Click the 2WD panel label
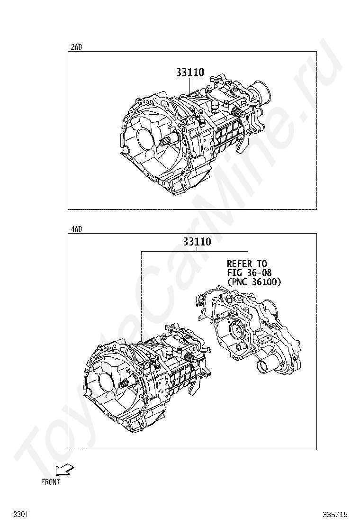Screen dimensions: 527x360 [x=76, y=47]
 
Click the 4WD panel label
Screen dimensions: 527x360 [x=76, y=229]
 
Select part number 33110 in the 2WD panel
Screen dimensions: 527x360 [x=190, y=73]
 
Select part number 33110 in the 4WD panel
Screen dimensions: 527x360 [x=197, y=242]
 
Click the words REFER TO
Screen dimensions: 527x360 [x=246, y=263]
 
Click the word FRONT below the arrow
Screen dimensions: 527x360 [x=51, y=482]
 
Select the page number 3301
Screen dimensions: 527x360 [x=21, y=514]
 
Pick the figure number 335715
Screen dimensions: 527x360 [x=335, y=514]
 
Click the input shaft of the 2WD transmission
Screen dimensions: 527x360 [x=169, y=139]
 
